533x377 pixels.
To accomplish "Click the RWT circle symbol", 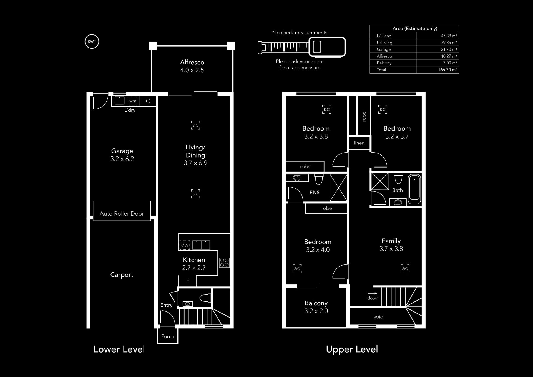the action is click(x=92, y=42).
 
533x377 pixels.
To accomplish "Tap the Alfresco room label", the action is click(x=192, y=62).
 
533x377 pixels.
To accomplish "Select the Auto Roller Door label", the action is click(x=122, y=214).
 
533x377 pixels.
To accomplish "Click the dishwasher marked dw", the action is click(x=185, y=245).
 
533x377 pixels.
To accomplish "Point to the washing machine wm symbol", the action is click(x=133, y=101).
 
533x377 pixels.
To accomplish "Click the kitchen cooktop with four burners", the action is click(x=224, y=263).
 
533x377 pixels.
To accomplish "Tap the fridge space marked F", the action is click(x=188, y=281).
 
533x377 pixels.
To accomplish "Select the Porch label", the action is click(x=168, y=336).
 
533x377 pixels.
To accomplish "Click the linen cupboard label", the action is click(x=359, y=143).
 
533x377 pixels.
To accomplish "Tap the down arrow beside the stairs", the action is click(x=373, y=293).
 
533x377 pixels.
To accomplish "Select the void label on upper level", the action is click(x=378, y=317).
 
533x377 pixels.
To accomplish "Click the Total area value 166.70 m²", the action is click(x=447, y=70).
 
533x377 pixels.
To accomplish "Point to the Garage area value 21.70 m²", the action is click(x=449, y=49).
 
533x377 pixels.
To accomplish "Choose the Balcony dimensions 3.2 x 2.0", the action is click(x=316, y=311).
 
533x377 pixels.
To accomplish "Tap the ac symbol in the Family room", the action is click(x=405, y=268).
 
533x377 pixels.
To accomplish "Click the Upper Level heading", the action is click(x=352, y=349).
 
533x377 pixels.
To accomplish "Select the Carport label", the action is click(x=122, y=275).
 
